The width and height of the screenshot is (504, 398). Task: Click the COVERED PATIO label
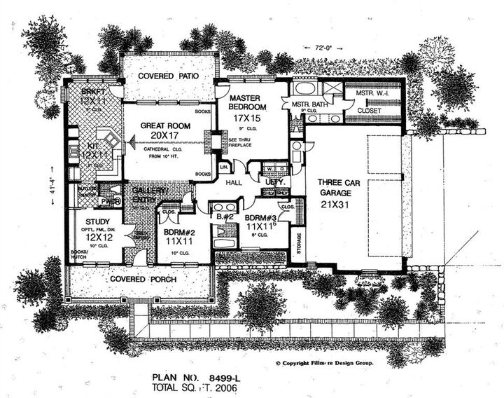click(x=167, y=76)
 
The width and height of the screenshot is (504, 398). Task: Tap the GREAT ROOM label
click(x=162, y=126)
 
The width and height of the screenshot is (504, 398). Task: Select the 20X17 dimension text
click(x=162, y=137)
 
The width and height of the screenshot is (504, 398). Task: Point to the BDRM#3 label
click(x=261, y=217)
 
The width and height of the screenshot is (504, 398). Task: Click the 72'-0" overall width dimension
click(x=319, y=48)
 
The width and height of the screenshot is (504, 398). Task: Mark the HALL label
click(x=233, y=183)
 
